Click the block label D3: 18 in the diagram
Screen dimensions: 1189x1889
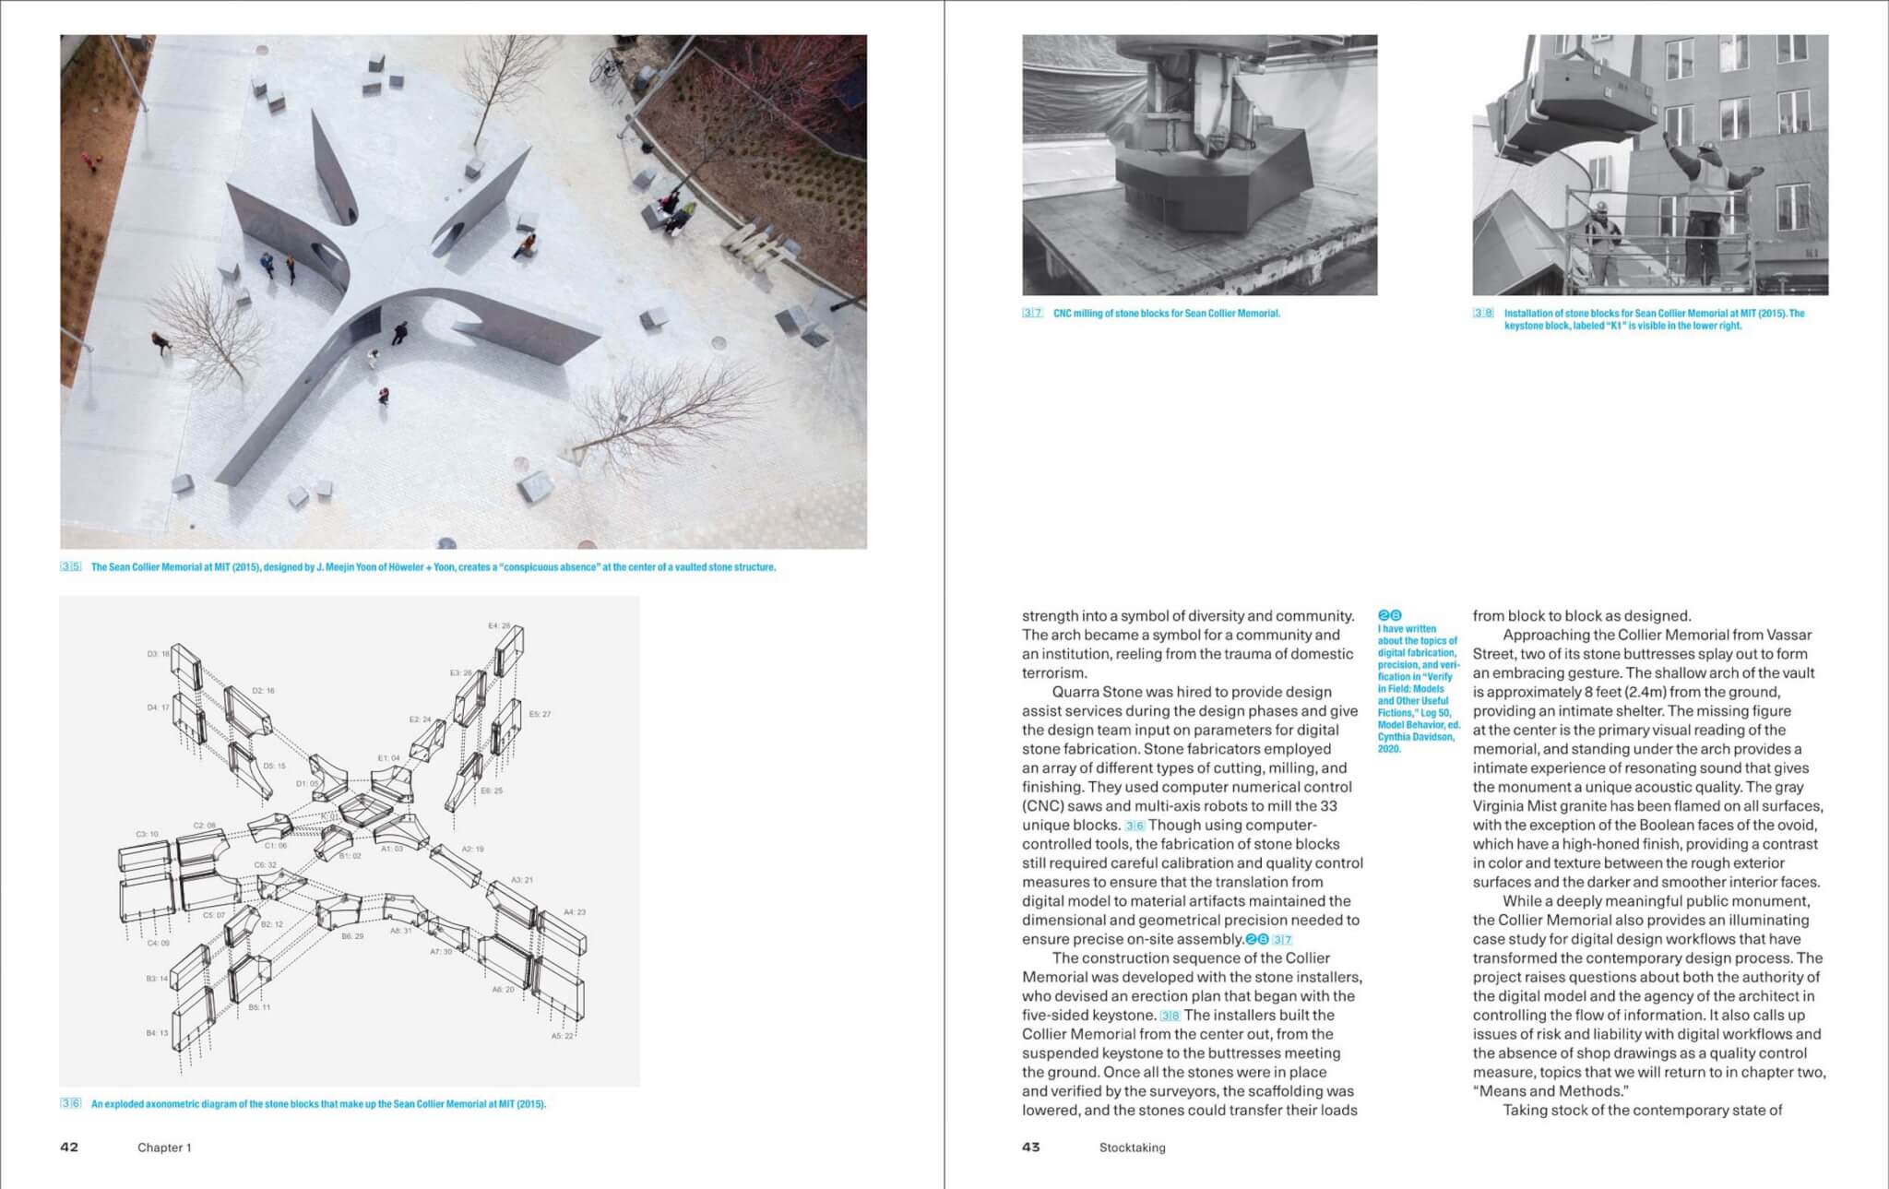pyautogui.click(x=158, y=654)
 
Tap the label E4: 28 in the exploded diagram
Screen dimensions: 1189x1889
pyautogui.click(x=499, y=626)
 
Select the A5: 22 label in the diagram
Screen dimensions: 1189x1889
pyautogui.click(x=562, y=1036)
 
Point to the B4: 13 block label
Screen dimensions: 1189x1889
pyautogui.click(x=157, y=1033)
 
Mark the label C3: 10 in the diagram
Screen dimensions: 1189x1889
pyautogui.click(x=147, y=834)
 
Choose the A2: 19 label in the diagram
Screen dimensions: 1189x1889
pyautogui.click(x=472, y=849)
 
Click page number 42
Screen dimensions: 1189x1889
pyautogui.click(x=69, y=1147)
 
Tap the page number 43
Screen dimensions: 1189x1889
pyautogui.click(x=1030, y=1147)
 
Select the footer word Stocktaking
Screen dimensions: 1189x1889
pyautogui.click(x=1132, y=1148)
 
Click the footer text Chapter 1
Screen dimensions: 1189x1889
pyautogui.click(x=164, y=1148)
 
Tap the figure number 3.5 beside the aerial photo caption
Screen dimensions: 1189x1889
pyautogui.click(x=71, y=567)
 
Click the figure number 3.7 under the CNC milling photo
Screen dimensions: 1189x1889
pyautogui.click(x=1032, y=314)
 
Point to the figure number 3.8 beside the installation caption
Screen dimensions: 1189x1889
pyautogui.click(x=1483, y=314)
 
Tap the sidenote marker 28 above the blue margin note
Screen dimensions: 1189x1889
pyautogui.click(x=1389, y=615)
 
